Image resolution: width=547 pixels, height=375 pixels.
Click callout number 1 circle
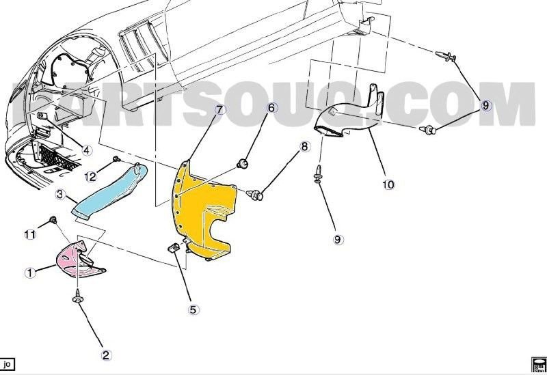(x=29, y=273)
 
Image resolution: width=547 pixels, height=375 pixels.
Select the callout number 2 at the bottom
(x=107, y=355)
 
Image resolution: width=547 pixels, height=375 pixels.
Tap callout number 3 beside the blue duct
(x=60, y=195)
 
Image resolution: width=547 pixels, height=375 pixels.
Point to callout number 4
(x=87, y=150)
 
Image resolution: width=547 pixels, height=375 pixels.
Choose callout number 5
(x=194, y=309)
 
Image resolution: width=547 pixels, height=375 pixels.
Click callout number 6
(x=271, y=108)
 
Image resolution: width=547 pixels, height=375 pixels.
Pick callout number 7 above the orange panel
(x=219, y=109)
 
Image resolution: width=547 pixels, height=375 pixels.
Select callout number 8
(x=305, y=146)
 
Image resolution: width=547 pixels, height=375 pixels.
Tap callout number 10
(x=388, y=184)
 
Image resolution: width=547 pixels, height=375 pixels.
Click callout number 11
(x=29, y=234)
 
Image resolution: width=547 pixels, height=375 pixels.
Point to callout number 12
(x=91, y=177)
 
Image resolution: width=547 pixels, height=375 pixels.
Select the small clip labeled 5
(x=174, y=247)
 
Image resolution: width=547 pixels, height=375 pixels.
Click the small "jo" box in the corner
(x=8, y=364)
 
